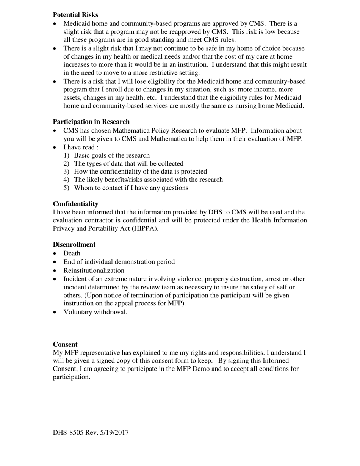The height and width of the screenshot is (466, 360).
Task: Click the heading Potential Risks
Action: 75,15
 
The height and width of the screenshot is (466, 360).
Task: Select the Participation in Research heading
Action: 91,122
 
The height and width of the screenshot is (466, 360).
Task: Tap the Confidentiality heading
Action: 75,204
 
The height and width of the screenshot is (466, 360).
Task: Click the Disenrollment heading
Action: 74,244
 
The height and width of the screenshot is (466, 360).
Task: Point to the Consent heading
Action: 65,344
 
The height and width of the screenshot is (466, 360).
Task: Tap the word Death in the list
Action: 72,253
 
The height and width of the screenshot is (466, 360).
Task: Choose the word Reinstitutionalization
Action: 94,271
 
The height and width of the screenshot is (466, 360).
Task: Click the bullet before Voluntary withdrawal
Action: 55,313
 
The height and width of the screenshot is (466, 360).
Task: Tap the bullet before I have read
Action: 55,147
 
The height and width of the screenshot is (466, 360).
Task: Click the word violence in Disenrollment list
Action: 189,279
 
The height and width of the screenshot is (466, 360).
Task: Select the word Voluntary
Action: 78,312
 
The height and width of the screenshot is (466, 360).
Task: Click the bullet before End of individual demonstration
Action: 55,262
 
